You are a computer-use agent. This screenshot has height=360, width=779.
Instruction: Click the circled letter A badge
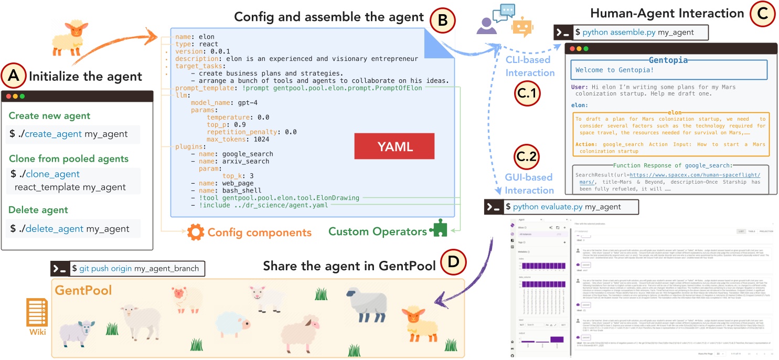click(x=14, y=77)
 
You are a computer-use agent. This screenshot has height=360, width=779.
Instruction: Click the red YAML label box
click(x=394, y=146)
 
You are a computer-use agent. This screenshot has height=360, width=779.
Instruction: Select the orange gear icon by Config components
click(x=195, y=232)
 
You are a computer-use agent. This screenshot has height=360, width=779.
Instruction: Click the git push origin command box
click(x=127, y=268)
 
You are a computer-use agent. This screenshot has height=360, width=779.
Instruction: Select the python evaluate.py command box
click(x=561, y=207)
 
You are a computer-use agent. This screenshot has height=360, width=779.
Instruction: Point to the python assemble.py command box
click(x=631, y=33)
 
